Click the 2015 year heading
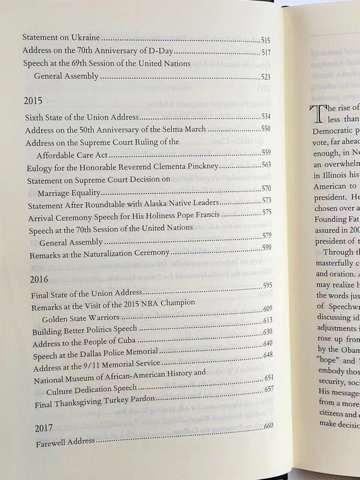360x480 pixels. (x=33, y=101)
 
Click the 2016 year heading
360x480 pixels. (x=38, y=279)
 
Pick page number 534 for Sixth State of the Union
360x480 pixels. (x=267, y=117)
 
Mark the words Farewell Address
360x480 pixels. (x=66, y=442)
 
